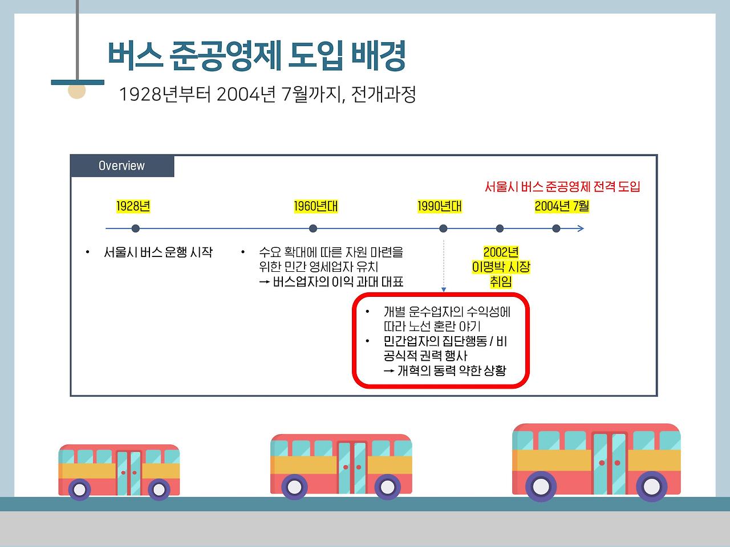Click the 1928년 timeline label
[x=133, y=206]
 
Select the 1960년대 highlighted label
[x=315, y=206]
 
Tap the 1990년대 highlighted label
[x=439, y=206]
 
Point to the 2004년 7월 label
[x=562, y=206]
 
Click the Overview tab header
[x=122, y=166]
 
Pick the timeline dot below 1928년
[x=135, y=228]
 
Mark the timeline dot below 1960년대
[x=313, y=228]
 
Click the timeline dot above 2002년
[x=500, y=228]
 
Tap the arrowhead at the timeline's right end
[x=581, y=228]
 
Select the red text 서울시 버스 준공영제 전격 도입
[x=562, y=186]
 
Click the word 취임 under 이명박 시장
[x=501, y=281]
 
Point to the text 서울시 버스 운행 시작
[x=158, y=252]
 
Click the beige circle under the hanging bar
[x=76, y=91]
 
